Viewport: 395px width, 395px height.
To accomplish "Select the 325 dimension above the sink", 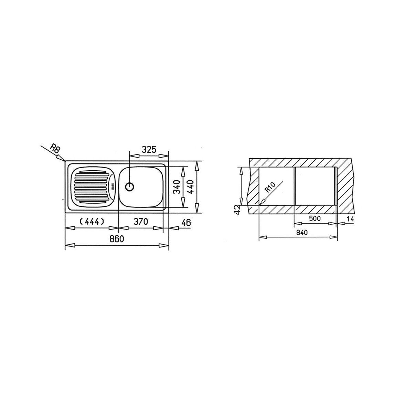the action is coord(149,149).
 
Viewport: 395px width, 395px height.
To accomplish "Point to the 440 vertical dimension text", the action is coord(191,187).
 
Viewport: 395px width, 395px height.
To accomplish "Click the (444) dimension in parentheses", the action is coord(92,222).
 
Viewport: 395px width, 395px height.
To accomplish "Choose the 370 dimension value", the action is coord(141,222).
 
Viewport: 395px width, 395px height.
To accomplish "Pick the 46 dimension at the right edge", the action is coord(186,223).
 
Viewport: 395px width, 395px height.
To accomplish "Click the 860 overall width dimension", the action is coord(117,238).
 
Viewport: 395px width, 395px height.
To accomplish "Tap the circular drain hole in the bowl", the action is coord(129,187).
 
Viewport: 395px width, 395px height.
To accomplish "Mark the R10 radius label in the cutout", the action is coord(271,188).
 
